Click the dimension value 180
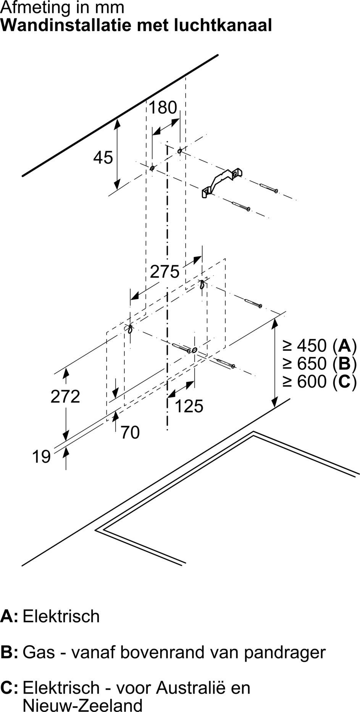point(163,108)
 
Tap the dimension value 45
point(103,157)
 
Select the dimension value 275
point(165,272)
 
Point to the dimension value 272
point(65,396)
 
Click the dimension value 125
point(189,406)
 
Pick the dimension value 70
point(130,433)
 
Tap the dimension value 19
point(41,457)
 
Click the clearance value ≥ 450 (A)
point(320,346)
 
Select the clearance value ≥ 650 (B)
point(320,364)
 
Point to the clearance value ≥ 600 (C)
point(320,382)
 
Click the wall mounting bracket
point(222,182)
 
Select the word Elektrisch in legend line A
point(61,616)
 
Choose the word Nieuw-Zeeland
point(83,705)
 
